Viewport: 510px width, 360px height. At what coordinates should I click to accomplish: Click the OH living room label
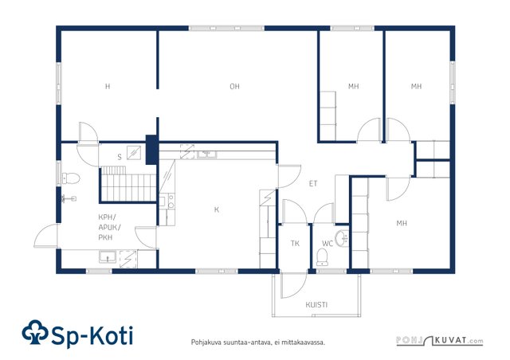[234, 87]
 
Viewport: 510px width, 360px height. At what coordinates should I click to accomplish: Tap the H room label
[108, 87]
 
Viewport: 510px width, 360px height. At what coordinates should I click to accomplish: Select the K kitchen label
[217, 209]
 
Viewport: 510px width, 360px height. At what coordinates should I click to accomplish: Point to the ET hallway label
[313, 184]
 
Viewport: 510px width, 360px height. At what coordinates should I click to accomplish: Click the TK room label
[295, 243]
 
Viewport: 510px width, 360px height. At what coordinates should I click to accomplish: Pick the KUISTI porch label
[316, 305]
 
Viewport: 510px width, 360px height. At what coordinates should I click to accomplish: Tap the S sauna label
[120, 157]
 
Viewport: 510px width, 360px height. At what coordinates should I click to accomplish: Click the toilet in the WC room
[322, 256]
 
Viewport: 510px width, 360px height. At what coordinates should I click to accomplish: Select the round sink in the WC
[342, 238]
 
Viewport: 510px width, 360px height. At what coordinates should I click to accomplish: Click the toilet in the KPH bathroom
[71, 178]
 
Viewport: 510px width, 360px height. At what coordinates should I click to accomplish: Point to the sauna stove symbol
[134, 152]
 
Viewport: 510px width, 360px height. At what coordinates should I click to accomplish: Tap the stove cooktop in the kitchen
[168, 201]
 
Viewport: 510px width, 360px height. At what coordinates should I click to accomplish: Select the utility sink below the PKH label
[108, 257]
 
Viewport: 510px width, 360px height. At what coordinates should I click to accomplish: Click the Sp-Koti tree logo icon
[35, 332]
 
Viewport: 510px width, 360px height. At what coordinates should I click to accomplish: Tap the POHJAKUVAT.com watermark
[440, 340]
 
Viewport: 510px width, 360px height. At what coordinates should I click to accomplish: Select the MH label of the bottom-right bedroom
[402, 223]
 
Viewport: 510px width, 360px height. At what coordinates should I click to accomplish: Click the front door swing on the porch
[294, 285]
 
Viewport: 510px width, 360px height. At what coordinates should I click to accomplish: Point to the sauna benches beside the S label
[127, 184]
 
